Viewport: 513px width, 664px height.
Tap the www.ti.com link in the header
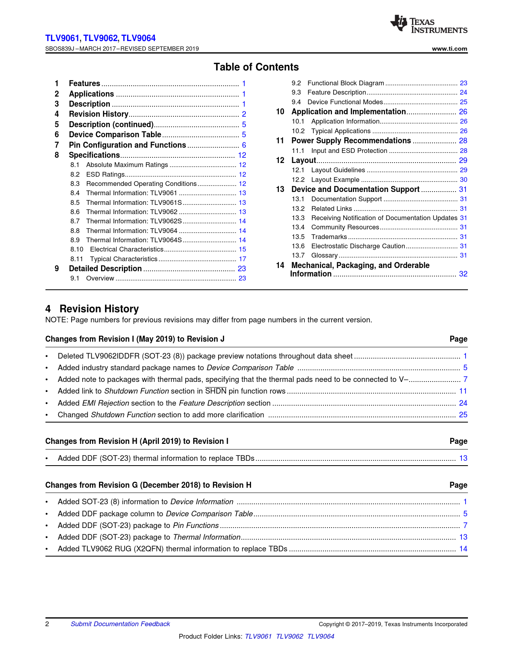449,49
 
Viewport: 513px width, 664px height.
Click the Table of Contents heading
256,67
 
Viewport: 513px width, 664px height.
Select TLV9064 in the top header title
138,38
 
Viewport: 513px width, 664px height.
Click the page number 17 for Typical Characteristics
242,259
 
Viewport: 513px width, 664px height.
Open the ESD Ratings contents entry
105,175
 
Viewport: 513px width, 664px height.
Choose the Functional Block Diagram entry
346,83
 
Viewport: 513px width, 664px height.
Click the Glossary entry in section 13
324,256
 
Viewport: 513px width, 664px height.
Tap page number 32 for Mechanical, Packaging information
463,274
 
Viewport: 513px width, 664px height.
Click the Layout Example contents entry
335,180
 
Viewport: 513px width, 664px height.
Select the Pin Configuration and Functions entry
127,145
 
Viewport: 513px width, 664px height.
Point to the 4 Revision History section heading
92,309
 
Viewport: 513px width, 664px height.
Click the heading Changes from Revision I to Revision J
135,339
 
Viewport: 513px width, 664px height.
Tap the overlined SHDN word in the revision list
216,391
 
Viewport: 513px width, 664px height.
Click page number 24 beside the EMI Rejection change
463,403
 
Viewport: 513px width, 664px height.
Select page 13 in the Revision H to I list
463,458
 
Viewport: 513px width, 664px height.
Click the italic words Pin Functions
196,526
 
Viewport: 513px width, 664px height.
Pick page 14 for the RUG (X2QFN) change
463,549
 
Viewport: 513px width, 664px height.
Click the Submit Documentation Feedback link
120,624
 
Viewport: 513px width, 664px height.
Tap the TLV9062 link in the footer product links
289,637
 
